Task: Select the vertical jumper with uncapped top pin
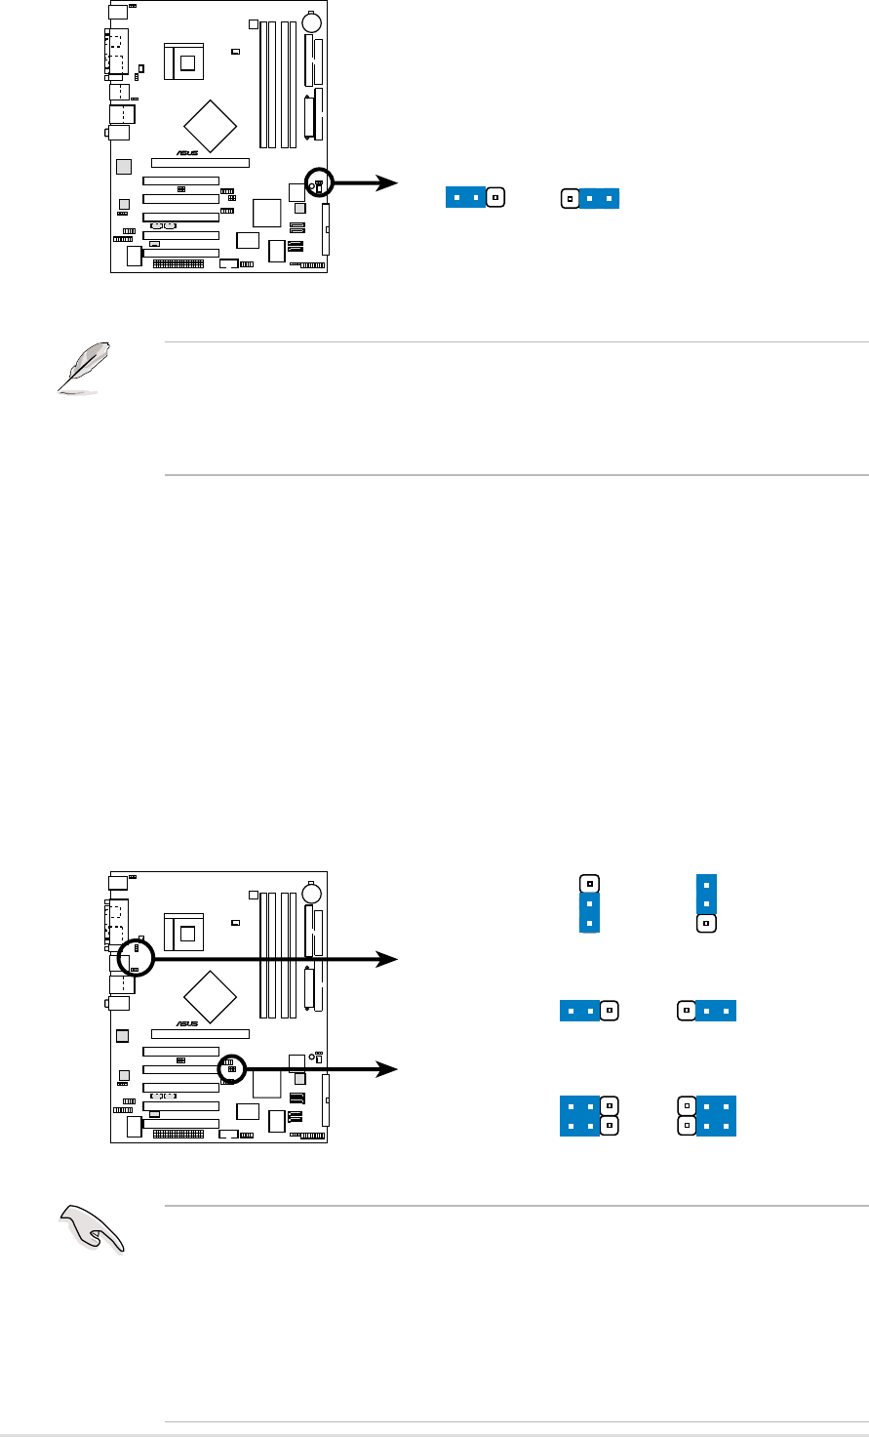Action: pos(588,904)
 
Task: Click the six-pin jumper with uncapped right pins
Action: pos(589,1115)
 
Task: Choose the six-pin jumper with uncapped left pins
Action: pos(707,1115)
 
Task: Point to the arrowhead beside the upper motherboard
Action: pos(389,182)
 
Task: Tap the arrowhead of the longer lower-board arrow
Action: pos(389,961)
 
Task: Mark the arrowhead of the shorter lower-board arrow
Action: pos(389,1070)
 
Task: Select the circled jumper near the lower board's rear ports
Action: pos(136,958)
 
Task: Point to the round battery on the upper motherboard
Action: pos(313,21)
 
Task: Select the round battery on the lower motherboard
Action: pos(313,894)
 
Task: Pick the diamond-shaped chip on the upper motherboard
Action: pos(211,124)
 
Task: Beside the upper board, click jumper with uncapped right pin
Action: pos(474,197)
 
